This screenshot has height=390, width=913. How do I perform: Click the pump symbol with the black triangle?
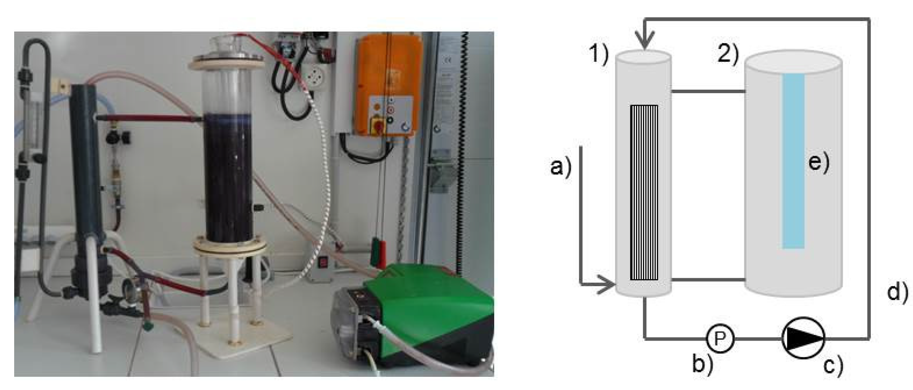click(x=803, y=338)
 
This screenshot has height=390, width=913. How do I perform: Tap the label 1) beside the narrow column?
click(x=599, y=55)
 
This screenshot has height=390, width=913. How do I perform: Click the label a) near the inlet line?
click(x=561, y=167)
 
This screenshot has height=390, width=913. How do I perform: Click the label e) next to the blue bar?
click(x=819, y=163)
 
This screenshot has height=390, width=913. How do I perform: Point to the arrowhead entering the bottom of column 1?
click(x=606, y=284)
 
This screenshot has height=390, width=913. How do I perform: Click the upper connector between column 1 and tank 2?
click(x=708, y=91)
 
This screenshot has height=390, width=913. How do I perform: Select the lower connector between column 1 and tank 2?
click(x=708, y=279)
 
